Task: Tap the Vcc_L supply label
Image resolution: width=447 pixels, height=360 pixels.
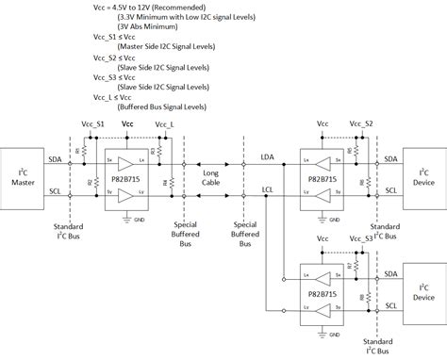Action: tap(164, 124)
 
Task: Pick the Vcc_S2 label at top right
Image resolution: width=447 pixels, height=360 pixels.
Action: tap(362, 124)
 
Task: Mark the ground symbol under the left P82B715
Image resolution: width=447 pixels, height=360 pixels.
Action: tap(128, 217)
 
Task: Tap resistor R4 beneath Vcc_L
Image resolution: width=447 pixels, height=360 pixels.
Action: tap(164, 182)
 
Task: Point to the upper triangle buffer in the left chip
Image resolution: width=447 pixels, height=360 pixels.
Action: tap(125, 162)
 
